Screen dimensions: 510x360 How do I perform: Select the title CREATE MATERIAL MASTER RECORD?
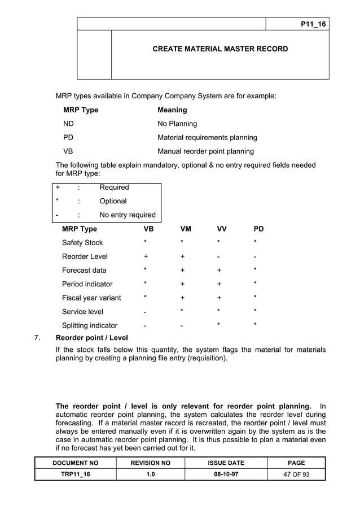point(220,49)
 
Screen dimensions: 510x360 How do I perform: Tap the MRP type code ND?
point(68,124)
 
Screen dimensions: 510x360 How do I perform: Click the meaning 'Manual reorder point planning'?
point(205,151)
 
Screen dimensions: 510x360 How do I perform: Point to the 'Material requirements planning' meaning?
point(207,137)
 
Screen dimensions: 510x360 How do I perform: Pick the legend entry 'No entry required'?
point(128,215)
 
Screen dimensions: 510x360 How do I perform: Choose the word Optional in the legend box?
point(113,201)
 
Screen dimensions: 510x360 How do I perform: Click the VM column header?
point(186,229)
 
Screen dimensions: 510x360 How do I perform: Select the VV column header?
point(222,229)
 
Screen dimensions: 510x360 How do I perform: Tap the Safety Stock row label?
point(82,243)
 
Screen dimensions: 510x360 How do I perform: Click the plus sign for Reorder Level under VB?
point(146,256)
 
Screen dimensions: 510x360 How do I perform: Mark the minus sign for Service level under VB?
point(146,312)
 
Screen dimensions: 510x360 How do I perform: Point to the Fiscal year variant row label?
point(91,298)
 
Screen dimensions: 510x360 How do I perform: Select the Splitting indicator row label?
point(90,325)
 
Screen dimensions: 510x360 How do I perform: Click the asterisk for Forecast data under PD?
point(256,269)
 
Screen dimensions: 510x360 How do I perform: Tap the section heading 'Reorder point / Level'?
point(92,338)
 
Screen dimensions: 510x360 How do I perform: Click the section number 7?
point(37,338)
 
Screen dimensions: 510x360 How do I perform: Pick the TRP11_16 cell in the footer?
point(75,474)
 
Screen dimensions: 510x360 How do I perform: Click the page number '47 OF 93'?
point(296,474)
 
